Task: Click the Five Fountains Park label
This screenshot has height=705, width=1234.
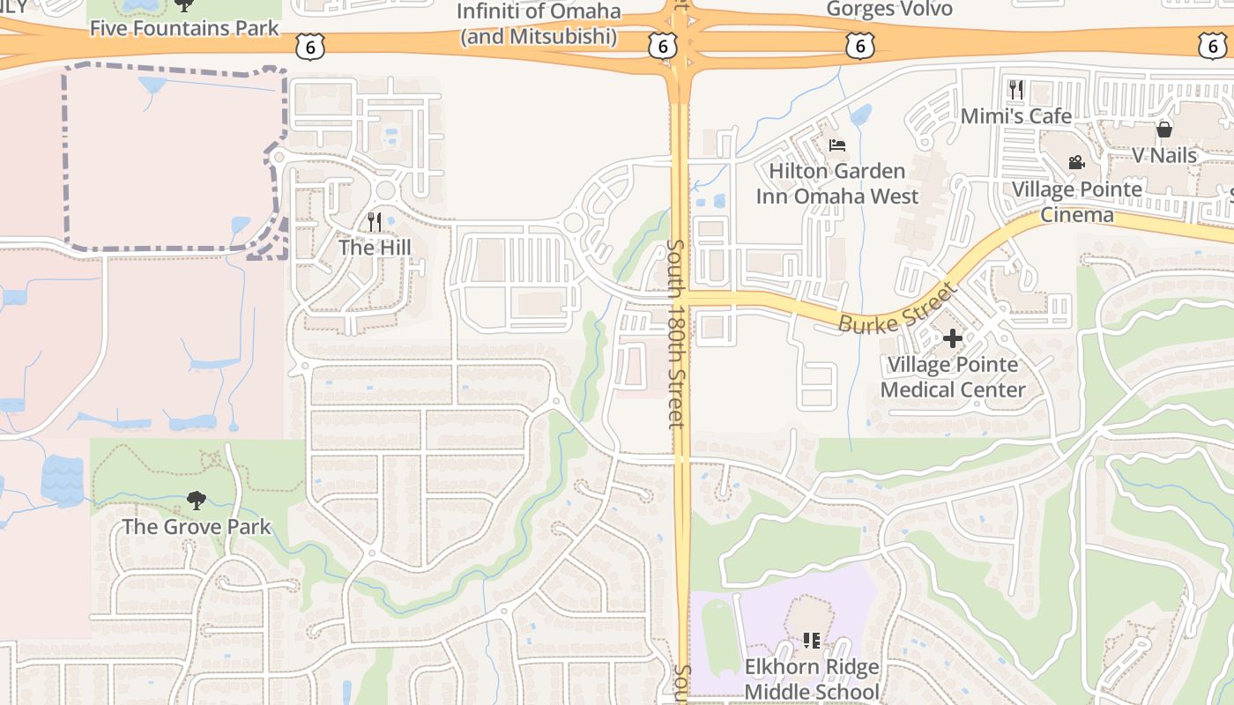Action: pyautogui.click(x=184, y=28)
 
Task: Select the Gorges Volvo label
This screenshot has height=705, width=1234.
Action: pyautogui.click(x=889, y=10)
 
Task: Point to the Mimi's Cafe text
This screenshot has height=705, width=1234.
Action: pyautogui.click(x=1016, y=116)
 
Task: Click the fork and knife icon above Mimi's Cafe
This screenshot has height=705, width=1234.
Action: pyautogui.click(x=1016, y=89)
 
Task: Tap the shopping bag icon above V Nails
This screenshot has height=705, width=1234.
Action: pyautogui.click(x=1164, y=130)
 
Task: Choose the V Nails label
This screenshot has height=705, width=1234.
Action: pyautogui.click(x=1164, y=156)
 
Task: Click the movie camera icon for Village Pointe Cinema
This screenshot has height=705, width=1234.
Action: pyautogui.click(x=1076, y=162)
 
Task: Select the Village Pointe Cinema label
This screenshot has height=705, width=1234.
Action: pyautogui.click(x=1076, y=202)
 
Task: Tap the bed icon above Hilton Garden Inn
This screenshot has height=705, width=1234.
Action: pyautogui.click(x=836, y=145)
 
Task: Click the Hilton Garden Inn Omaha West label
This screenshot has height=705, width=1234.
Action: pyautogui.click(x=836, y=183)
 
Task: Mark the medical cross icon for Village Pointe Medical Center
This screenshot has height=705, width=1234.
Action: pyautogui.click(x=953, y=338)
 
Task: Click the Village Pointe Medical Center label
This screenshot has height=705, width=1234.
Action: pyautogui.click(x=953, y=377)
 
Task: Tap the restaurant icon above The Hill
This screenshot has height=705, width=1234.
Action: pyautogui.click(x=375, y=221)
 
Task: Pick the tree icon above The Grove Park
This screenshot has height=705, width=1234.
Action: pyautogui.click(x=196, y=501)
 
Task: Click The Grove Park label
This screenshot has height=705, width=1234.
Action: pyautogui.click(x=196, y=527)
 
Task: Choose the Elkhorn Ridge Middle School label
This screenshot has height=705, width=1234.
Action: pyautogui.click(x=812, y=679)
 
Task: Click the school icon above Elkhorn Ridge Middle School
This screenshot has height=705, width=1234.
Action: pyautogui.click(x=812, y=640)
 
